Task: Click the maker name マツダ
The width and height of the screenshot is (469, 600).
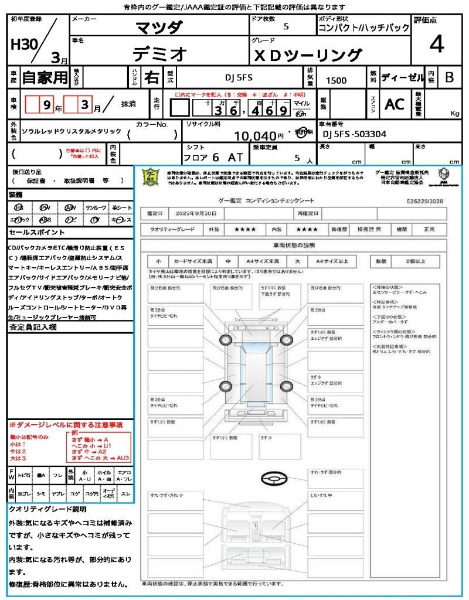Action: (x=159, y=27)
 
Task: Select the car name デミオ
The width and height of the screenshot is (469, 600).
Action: (x=159, y=54)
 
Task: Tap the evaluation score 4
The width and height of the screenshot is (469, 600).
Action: (x=436, y=44)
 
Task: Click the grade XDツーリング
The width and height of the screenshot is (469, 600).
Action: (x=307, y=55)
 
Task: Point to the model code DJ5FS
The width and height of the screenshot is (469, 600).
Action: (x=239, y=77)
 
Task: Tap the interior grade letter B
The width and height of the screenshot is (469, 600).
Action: (x=448, y=77)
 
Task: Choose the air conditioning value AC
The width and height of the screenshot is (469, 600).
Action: (x=394, y=104)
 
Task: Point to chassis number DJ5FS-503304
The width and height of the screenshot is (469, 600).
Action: (x=354, y=134)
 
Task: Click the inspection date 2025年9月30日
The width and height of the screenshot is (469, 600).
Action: (x=198, y=213)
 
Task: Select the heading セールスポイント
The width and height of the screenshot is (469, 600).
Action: (x=32, y=233)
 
